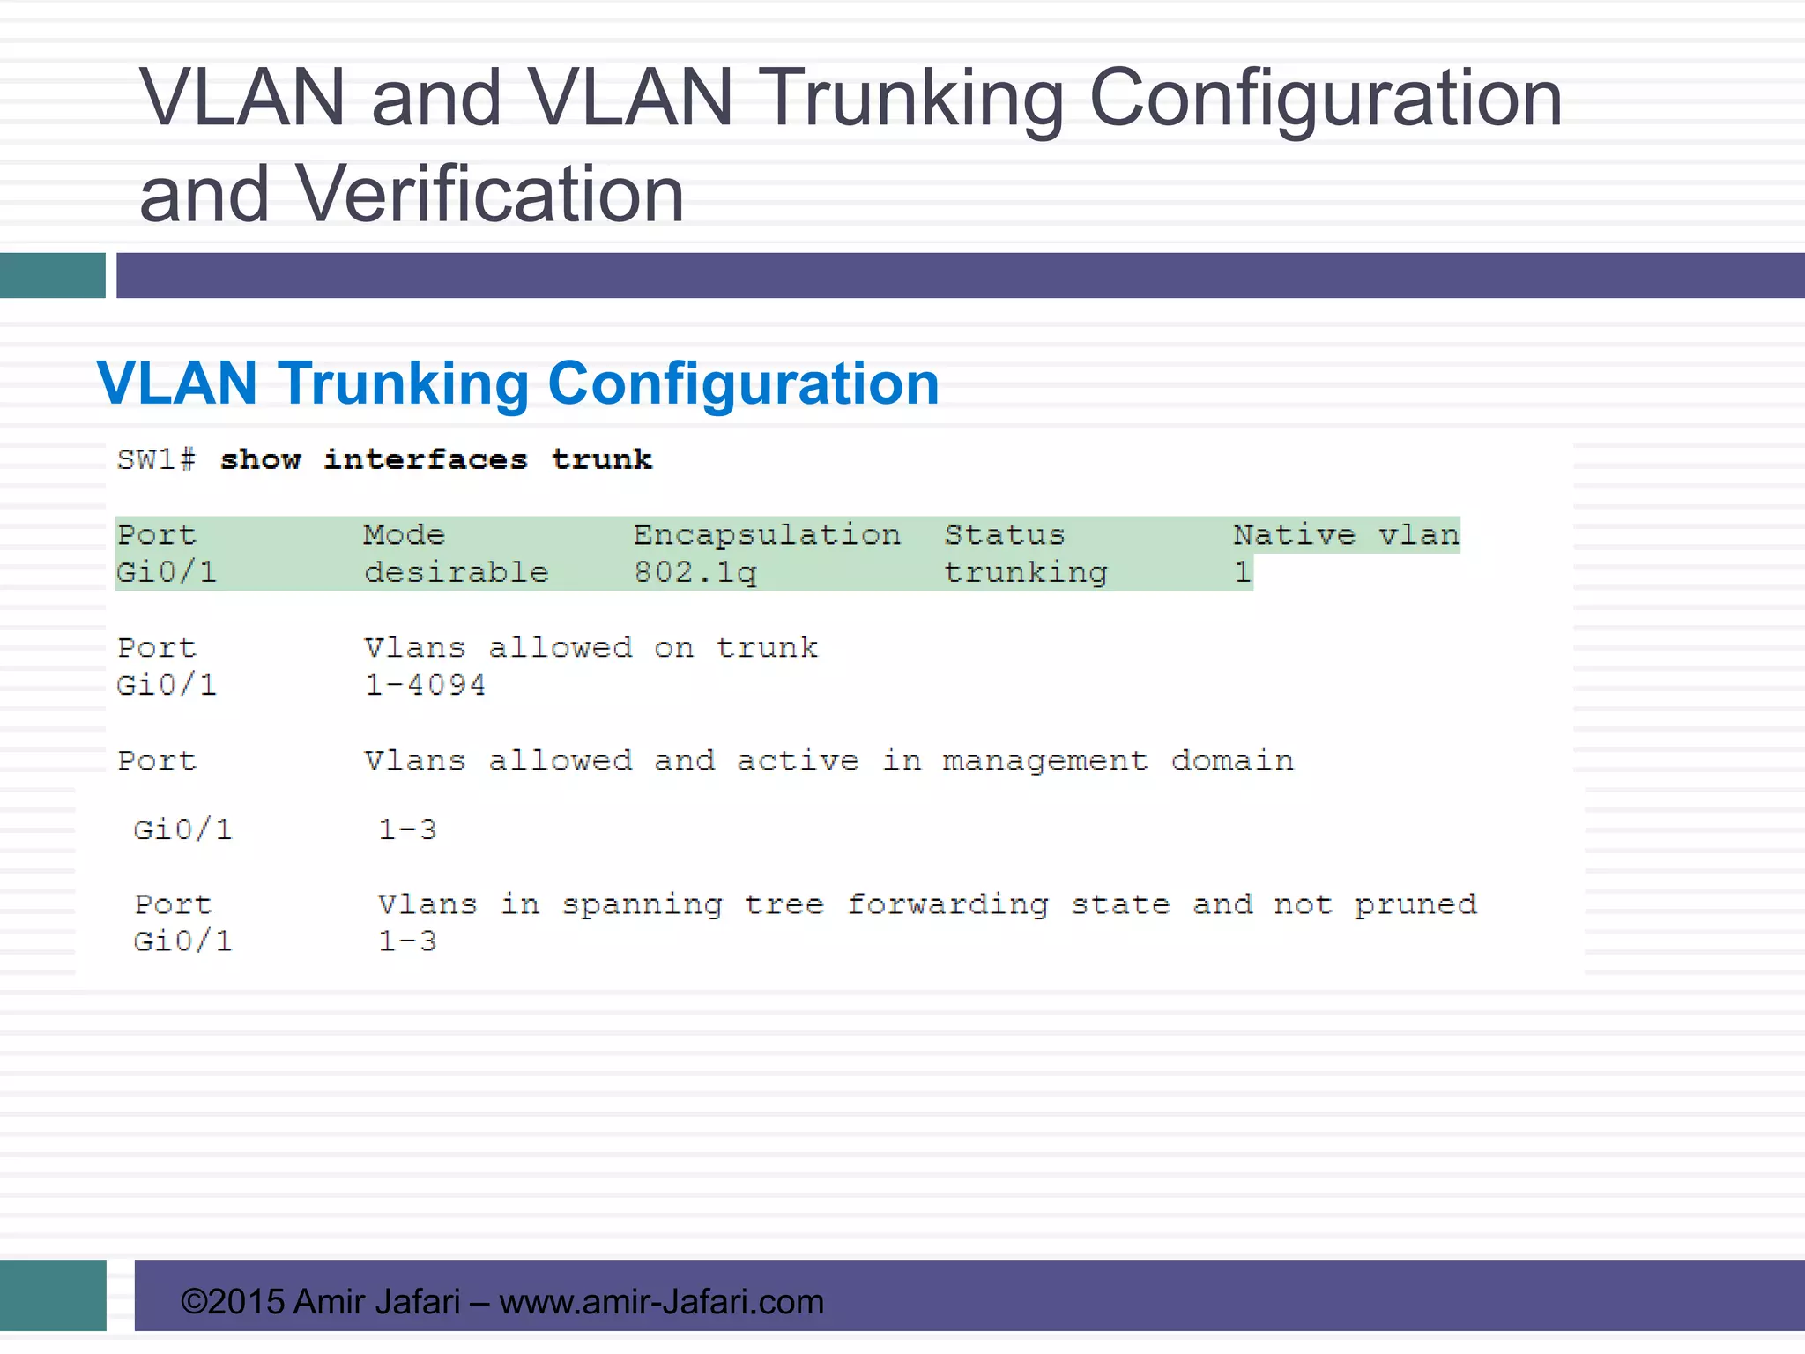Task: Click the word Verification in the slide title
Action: click(489, 194)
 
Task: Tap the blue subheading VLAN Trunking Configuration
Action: click(518, 383)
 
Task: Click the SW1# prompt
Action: click(156, 459)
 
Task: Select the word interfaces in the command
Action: click(426, 459)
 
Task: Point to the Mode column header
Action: click(405, 535)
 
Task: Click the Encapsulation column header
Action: click(767, 535)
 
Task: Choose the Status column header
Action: click(1005, 535)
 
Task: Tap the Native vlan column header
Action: click(1346, 535)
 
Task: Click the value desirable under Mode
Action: click(457, 573)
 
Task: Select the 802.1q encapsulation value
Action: click(695, 573)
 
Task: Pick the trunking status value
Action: click(1026, 573)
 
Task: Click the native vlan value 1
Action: click(1243, 573)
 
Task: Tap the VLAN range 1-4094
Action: click(425, 685)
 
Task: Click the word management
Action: click(1045, 761)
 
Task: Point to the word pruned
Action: click(1415, 905)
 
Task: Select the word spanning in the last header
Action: click(643, 905)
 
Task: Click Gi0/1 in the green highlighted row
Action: click(167, 573)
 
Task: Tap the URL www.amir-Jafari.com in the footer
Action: click(661, 1302)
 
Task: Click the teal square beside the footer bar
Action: click(53, 1295)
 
